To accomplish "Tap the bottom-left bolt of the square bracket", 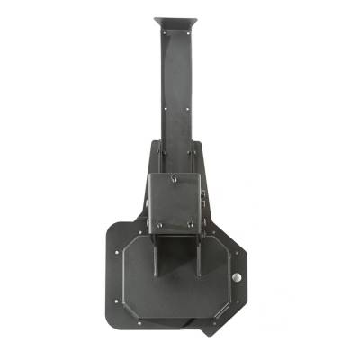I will click(x=158, y=225).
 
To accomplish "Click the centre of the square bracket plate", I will click(x=176, y=202).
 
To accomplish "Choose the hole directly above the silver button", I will click(x=238, y=257).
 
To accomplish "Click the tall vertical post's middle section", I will click(x=176, y=99).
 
